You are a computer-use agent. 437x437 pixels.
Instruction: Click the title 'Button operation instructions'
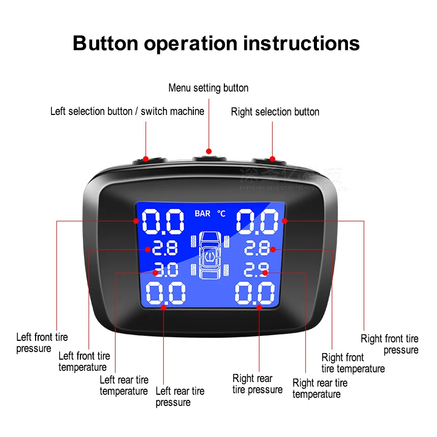click(216, 43)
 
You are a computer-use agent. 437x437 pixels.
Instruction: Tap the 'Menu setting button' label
click(208, 88)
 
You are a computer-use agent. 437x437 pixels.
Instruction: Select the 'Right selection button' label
click(275, 112)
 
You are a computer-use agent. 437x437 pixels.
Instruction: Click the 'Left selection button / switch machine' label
click(127, 111)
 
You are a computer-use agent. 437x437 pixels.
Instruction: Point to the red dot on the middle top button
click(209, 151)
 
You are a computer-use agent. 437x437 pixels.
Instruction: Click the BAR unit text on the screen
click(202, 214)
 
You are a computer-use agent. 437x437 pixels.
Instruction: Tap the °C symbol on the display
click(221, 214)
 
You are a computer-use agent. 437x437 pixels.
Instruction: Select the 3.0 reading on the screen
click(166, 270)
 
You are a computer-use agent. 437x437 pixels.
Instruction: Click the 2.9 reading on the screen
click(256, 270)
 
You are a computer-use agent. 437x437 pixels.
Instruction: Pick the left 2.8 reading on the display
click(164, 248)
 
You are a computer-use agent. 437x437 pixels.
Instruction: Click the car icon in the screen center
click(211, 254)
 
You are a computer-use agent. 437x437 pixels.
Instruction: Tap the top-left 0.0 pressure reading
click(163, 222)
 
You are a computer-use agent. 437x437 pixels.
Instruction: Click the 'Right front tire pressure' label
click(390, 344)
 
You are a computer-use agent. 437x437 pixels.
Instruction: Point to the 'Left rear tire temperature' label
click(124, 386)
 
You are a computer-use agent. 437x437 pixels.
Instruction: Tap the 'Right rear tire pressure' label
click(257, 384)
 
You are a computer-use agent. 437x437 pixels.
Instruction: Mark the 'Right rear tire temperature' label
click(319, 389)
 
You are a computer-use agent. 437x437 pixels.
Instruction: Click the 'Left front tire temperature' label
click(84, 362)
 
